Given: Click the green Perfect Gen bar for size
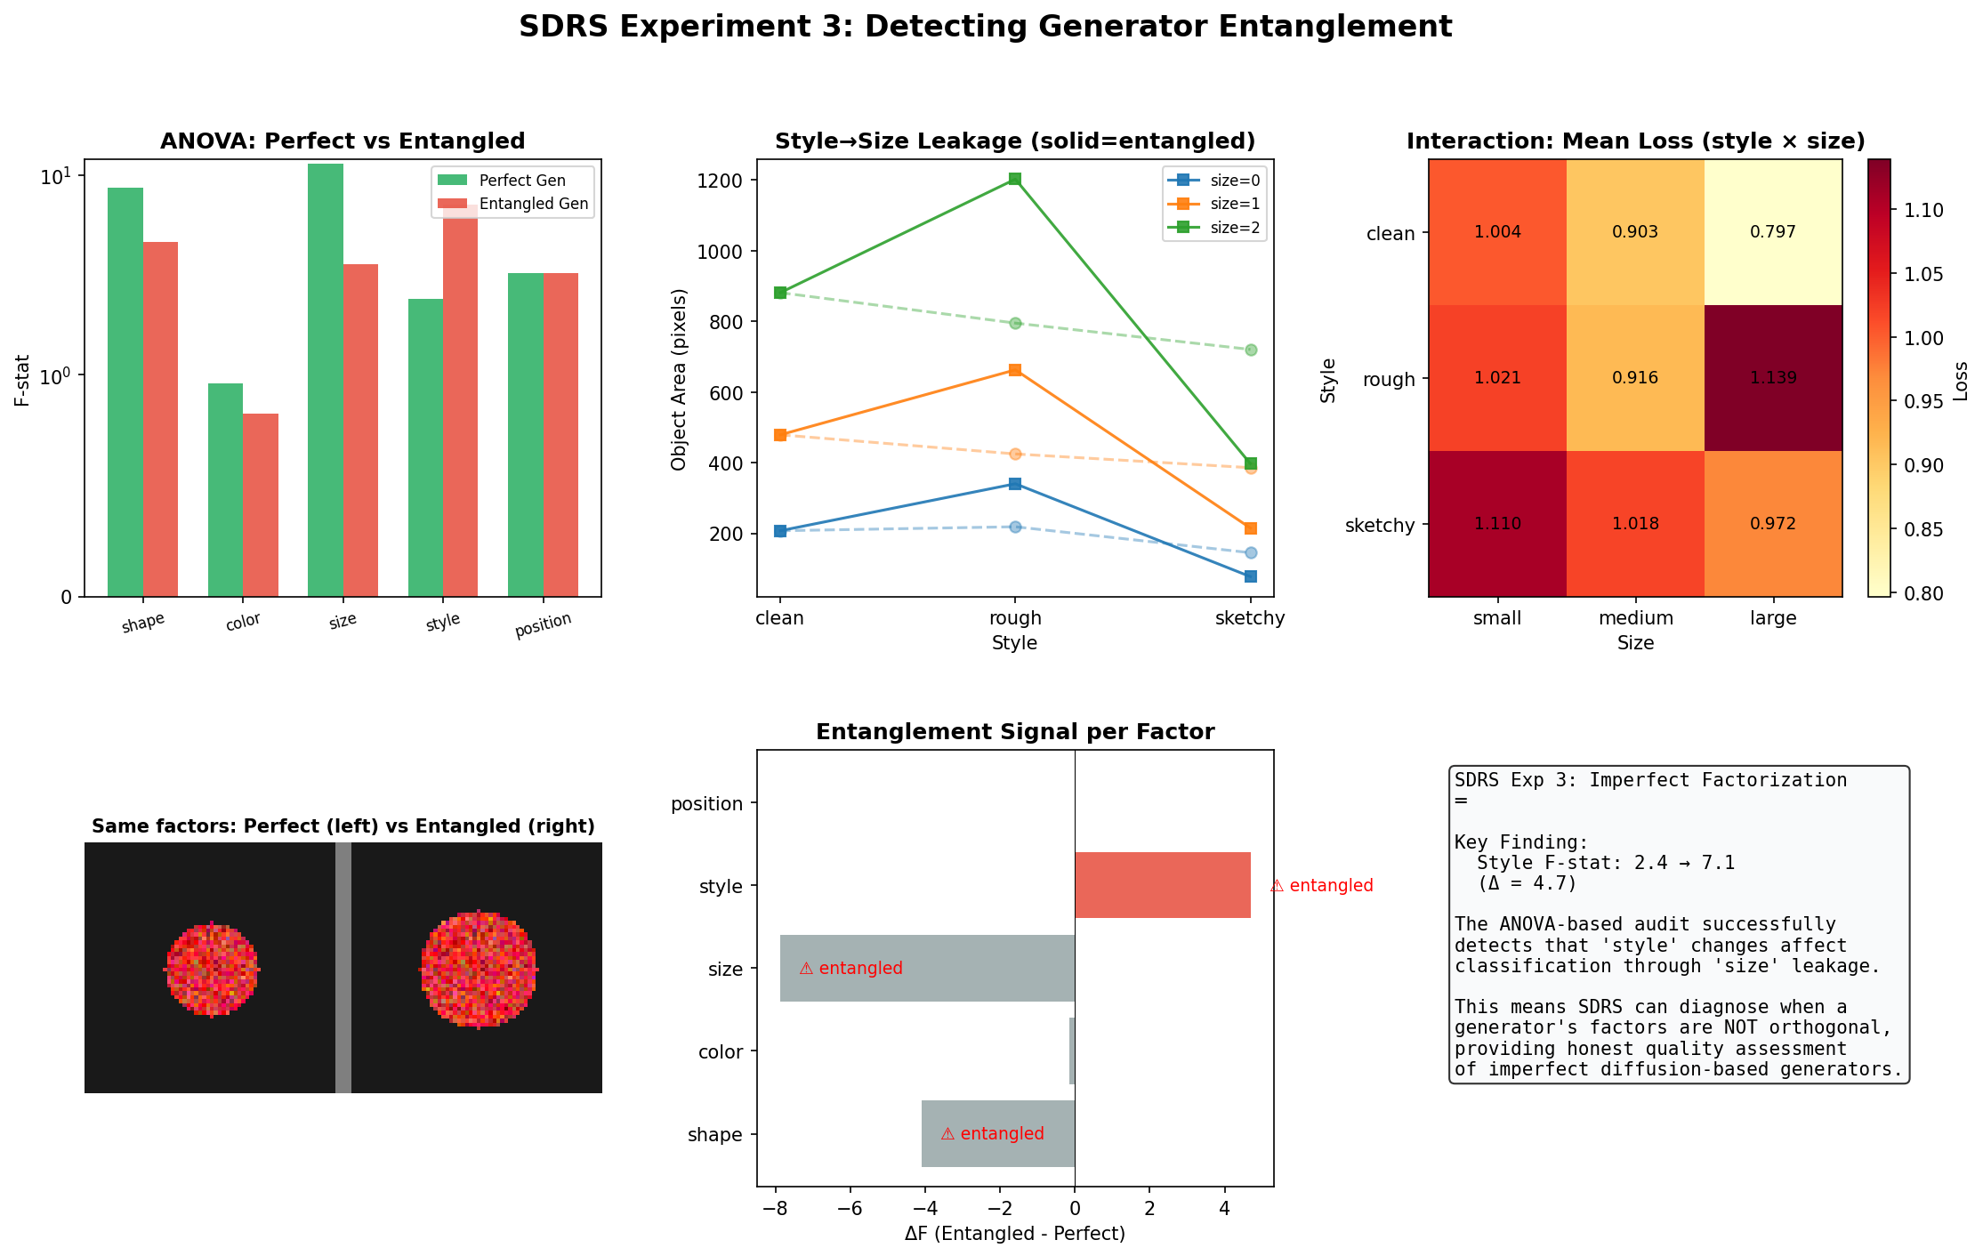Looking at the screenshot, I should pos(326,380).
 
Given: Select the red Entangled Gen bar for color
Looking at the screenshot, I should pos(261,504).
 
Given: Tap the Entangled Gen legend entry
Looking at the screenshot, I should pos(512,204).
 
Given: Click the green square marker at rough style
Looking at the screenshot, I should pos(1015,179).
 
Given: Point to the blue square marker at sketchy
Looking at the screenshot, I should pos(1250,576).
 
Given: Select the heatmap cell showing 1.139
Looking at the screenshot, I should pos(1773,378).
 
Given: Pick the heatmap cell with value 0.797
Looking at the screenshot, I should pos(1773,232).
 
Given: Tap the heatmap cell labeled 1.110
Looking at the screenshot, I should pos(1497,524).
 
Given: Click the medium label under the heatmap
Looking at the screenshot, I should pos(1635,618).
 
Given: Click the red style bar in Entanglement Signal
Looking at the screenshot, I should pos(1162,885).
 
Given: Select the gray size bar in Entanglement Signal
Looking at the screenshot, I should pos(927,968).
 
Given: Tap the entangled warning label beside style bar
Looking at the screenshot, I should pos(1321,886).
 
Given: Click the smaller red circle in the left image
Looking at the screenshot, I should pos(212,969).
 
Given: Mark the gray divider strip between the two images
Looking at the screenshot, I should pos(343,968).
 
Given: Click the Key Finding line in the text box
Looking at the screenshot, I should pos(1520,842).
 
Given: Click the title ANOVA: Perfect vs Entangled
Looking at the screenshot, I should pos(343,141).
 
